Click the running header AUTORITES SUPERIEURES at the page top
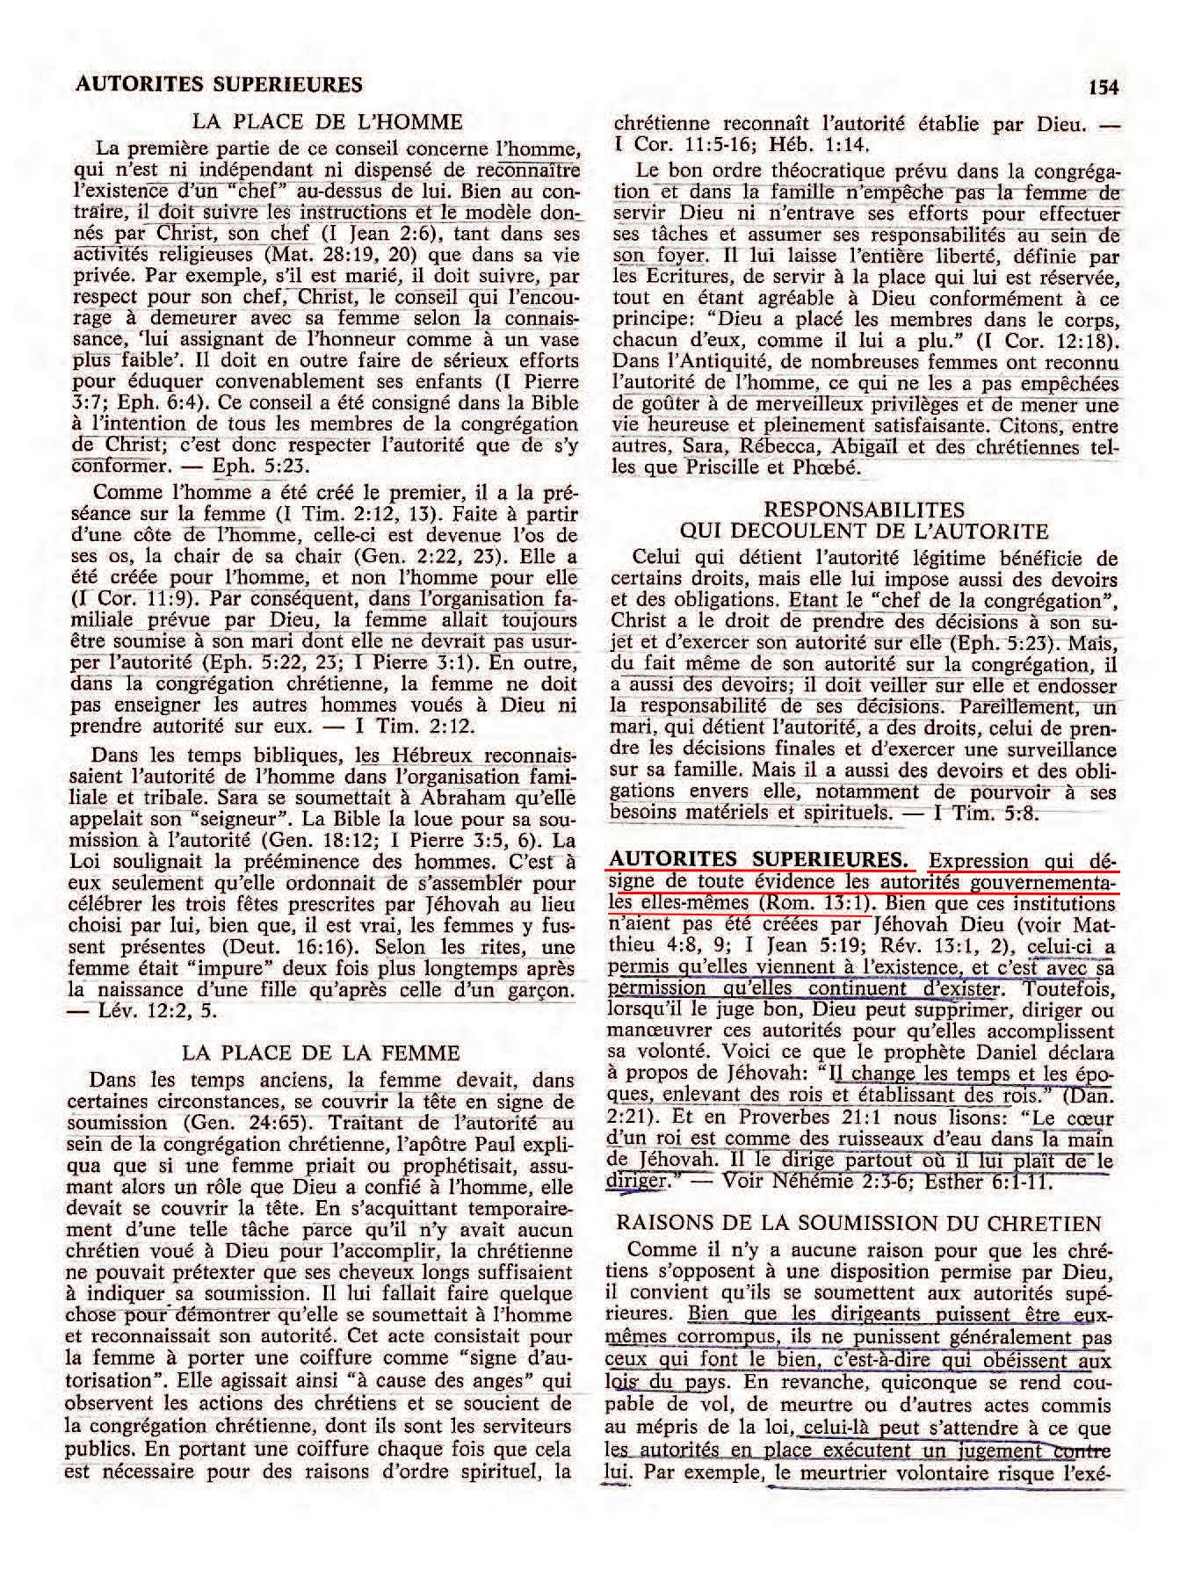click(220, 84)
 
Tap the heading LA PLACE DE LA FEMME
click(321, 1052)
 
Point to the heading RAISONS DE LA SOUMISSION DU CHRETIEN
click(859, 1223)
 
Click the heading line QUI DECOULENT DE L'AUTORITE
click(865, 531)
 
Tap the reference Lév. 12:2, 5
click(154, 1012)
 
